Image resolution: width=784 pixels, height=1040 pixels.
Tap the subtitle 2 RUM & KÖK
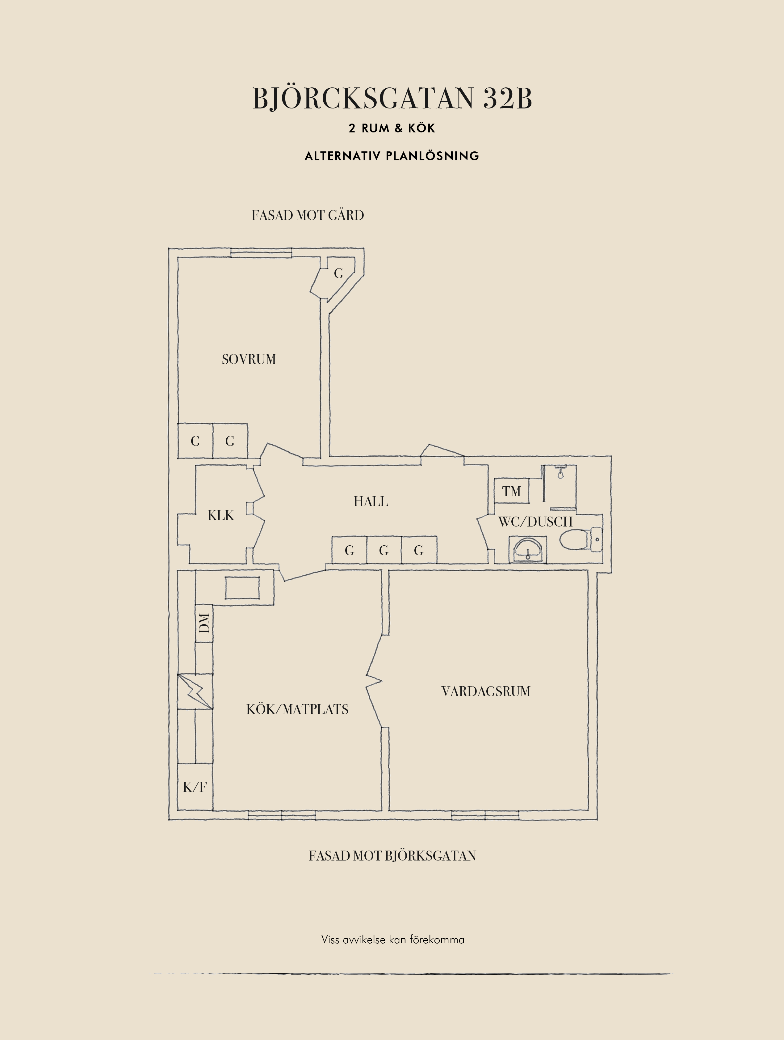tap(392, 128)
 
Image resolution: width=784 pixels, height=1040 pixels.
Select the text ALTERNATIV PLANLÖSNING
tap(392, 156)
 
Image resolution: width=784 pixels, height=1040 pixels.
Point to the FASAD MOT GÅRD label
tap(308, 215)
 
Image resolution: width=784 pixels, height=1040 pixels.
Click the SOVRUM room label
tap(249, 359)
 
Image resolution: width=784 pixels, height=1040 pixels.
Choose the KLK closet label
tap(221, 515)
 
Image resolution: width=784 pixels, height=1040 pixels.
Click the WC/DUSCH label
tap(535, 522)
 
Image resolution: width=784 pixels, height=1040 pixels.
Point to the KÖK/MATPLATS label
tap(297, 709)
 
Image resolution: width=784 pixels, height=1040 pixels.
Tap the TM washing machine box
tap(512, 491)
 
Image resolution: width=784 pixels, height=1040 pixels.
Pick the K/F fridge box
tap(195, 787)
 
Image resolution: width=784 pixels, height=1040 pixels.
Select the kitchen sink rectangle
tap(242, 588)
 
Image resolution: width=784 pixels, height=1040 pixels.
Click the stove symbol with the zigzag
tap(195, 691)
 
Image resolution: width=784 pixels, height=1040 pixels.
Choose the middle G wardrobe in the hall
tap(384, 550)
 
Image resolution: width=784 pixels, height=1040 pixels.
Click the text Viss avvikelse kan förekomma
tap(393, 939)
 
